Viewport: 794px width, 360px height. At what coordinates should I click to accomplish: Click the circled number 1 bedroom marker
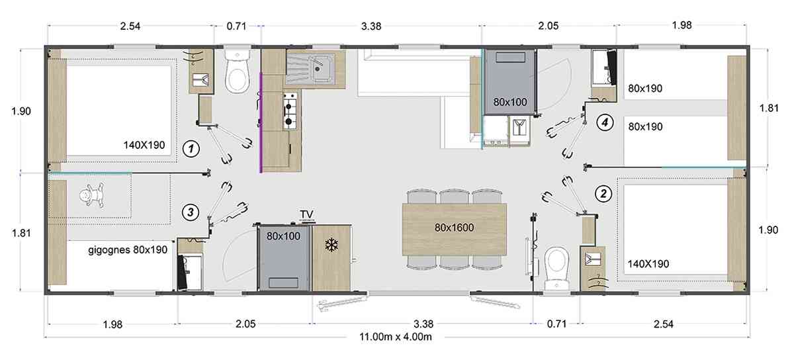[191, 149]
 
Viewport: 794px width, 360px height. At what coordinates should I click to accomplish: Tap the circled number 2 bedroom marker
[603, 194]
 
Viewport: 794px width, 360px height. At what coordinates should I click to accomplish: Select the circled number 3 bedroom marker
[191, 212]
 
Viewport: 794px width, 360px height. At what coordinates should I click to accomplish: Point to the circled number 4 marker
[605, 122]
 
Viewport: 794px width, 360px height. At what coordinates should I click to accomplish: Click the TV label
[307, 214]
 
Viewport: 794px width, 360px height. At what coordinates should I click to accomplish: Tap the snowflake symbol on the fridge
[331, 245]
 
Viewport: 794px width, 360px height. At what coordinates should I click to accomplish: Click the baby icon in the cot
[91, 195]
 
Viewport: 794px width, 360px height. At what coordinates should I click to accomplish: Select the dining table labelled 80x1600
[455, 229]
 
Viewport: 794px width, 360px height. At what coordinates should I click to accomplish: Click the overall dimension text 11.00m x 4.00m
[396, 337]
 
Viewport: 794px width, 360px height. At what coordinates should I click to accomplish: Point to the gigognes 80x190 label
[128, 250]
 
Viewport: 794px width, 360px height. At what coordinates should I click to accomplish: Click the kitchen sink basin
[322, 68]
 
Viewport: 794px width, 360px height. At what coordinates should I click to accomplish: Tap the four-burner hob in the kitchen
[290, 111]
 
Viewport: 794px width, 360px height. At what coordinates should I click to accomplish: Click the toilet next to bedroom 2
[556, 268]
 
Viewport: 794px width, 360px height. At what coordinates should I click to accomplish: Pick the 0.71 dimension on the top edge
[236, 26]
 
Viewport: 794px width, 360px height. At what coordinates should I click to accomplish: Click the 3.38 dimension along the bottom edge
[423, 324]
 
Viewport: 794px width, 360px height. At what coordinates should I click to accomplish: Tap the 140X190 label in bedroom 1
[144, 145]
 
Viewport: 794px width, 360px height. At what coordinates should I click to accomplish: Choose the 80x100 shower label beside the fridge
[284, 236]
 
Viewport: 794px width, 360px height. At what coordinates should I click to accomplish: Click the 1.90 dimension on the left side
[21, 111]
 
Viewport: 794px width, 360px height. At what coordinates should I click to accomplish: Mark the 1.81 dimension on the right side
[769, 108]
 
